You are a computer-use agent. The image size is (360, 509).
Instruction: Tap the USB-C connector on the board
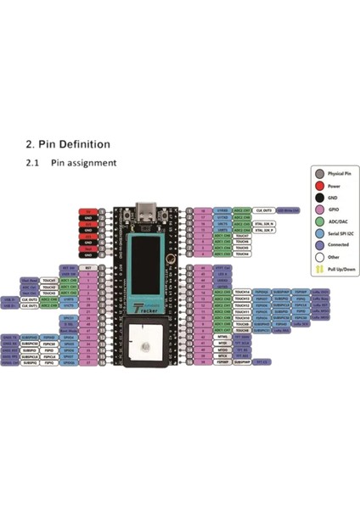click(x=149, y=209)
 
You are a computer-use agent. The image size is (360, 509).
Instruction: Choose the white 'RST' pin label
click(x=88, y=266)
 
